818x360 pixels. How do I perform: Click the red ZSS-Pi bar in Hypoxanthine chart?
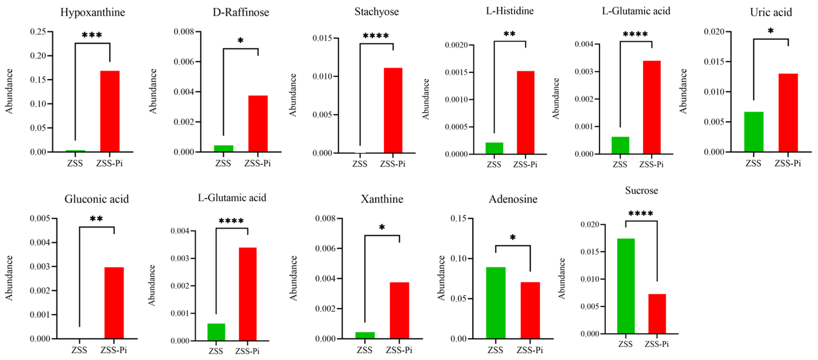click(x=110, y=111)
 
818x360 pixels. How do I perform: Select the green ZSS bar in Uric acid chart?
click(x=754, y=132)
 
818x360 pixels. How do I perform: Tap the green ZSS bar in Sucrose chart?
click(x=626, y=286)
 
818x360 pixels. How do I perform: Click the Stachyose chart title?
click(x=377, y=12)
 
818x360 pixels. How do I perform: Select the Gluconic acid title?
click(x=96, y=199)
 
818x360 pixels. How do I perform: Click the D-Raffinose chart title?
click(x=241, y=12)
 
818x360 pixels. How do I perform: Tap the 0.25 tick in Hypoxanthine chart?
click(x=38, y=32)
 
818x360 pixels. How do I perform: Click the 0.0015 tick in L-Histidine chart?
click(x=456, y=72)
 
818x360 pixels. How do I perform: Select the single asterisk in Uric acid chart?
click(x=771, y=31)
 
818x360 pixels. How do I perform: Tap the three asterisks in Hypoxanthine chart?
click(x=92, y=35)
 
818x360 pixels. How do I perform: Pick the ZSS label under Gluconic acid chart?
click(x=79, y=350)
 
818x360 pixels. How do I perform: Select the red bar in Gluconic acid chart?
click(x=114, y=303)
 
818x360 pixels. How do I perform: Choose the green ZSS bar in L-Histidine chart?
click(x=494, y=148)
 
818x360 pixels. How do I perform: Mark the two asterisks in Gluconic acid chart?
click(x=96, y=219)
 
